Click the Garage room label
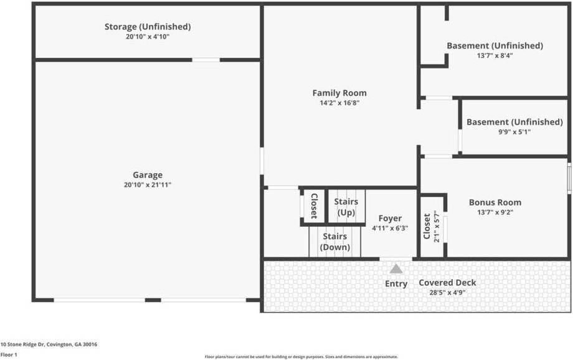[147, 175]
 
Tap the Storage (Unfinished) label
[147, 27]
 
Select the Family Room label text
[339, 93]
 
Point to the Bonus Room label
[495, 202]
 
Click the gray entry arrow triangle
[396, 269]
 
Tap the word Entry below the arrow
[396, 284]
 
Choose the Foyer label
[390, 219]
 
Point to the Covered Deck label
[447, 283]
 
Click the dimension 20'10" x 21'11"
[147, 185]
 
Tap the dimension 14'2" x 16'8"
[339, 103]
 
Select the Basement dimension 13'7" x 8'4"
[495, 55]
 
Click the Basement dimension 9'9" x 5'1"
[514, 132]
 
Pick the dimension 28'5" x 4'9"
[447, 292]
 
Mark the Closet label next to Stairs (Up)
[314, 207]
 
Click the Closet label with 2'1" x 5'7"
[427, 226]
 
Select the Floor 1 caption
[9, 354]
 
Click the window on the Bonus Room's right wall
[569, 178]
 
